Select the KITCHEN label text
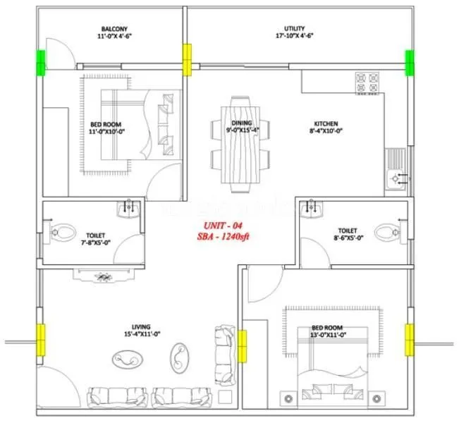pyautogui.click(x=326, y=123)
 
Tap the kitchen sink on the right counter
pyautogui.click(x=396, y=178)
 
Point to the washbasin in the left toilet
pyautogui.click(x=128, y=208)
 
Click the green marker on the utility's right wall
pyautogui.click(x=409, y=62)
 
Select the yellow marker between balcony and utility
pyautogui.click(x=188, y=60)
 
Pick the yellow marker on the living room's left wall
pyautogui.click(x=41, y=340)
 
